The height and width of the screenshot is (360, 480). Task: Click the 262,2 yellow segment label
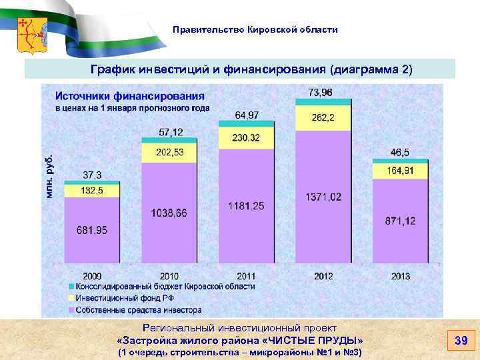(x=322, y=118)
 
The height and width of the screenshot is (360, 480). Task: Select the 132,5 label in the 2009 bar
(x=92, y=191)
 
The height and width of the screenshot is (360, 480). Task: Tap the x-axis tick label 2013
(x=399, y=276)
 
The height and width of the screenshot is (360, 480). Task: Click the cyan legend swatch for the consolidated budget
(x=70, y=287)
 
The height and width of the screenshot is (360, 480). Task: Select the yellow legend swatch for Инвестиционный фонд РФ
(x=70, y=298)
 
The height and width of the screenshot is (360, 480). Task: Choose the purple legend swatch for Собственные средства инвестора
(x=70, y=310)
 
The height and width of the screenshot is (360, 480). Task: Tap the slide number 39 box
(x=460, y=341)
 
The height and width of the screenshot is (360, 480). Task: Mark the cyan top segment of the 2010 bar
(x=169, y=140)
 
